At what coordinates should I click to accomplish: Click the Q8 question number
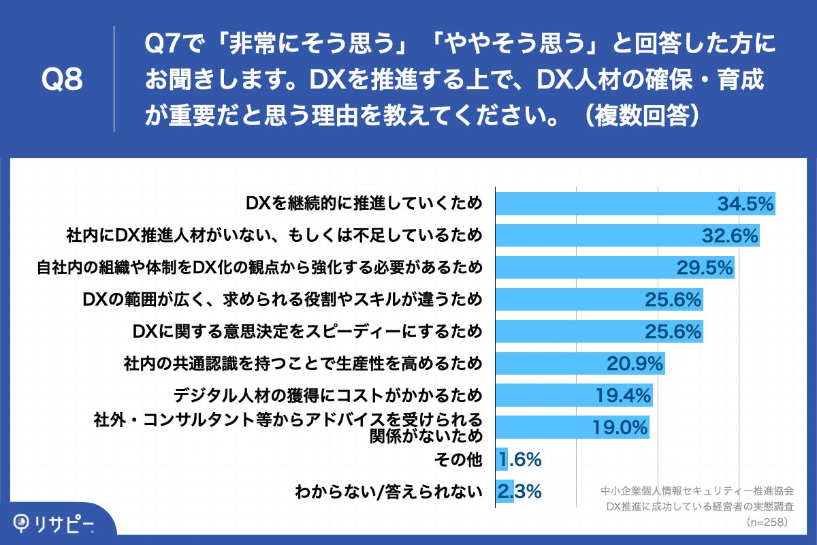coord(62,80)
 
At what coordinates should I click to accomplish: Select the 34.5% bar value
coord(745,204)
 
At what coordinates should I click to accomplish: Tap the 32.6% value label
coord(729,236)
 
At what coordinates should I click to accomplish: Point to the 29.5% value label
coord(705,268)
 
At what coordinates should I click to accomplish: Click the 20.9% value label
coord(635,364)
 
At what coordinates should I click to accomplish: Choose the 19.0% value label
coord(619,428)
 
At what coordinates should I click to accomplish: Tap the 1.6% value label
coord(519,460)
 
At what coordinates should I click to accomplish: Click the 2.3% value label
coord(519,491)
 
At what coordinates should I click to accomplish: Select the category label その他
coord(458,460)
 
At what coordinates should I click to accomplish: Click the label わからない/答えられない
coord(388,491)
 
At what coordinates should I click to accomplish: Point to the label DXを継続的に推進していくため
coord(364,204)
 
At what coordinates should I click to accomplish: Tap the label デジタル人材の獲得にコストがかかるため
coord(327,395)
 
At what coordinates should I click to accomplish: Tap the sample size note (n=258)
coord(767,523)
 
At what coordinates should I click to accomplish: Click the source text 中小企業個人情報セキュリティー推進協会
coord(698,491)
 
